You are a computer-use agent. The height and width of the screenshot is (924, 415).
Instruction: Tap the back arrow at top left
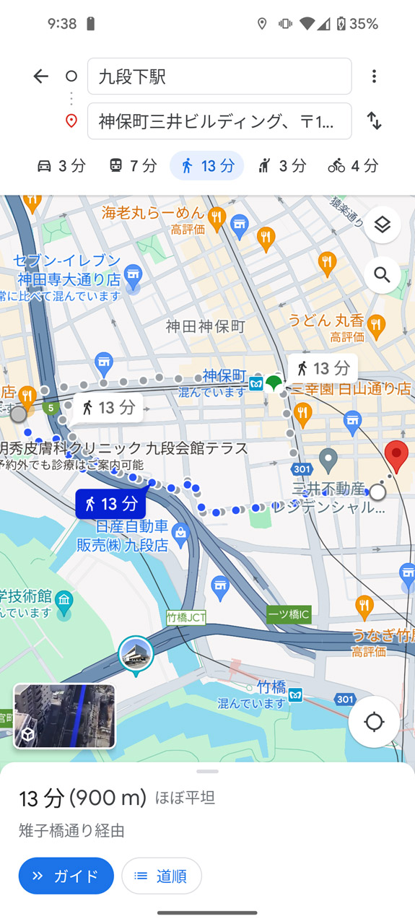40,77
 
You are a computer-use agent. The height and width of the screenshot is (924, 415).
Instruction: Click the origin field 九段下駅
219,77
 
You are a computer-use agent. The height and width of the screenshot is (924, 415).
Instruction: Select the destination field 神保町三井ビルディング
219,121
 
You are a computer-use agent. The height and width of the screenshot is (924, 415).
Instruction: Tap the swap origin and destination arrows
374,121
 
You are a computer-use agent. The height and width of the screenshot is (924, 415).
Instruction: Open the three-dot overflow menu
374,77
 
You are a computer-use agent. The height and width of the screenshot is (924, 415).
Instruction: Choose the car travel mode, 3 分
61,166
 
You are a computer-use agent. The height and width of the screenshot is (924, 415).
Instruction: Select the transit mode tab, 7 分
133,166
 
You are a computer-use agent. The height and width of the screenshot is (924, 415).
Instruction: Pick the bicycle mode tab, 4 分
353,166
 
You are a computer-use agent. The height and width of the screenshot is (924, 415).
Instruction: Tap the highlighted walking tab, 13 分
207,166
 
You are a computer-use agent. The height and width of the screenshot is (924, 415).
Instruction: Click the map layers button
382,225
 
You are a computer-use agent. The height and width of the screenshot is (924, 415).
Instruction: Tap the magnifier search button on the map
382,275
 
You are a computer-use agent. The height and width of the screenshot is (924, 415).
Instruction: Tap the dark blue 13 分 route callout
110,504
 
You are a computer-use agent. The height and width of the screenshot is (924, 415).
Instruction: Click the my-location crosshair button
374,721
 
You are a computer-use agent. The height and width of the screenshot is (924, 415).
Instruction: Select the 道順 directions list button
162,876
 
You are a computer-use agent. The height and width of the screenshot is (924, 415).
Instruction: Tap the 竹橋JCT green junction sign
186,617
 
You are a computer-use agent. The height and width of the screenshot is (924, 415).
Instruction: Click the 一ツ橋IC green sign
289,614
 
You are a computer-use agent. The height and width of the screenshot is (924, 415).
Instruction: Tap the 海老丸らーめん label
154,213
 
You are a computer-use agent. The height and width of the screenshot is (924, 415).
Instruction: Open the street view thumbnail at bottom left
65,716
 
